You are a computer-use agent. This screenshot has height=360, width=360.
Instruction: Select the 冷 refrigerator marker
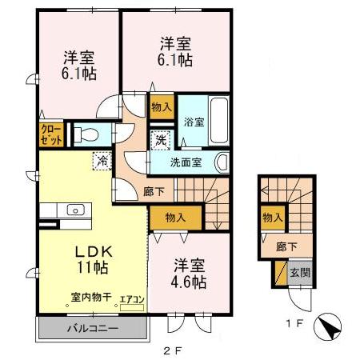(x=102, y=160)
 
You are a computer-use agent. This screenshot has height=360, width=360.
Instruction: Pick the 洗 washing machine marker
(x=162, y=138)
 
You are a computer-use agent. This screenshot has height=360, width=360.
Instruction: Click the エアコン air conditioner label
(x=131, y=299)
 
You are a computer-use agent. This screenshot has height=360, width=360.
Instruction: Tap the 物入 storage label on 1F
(x=273, y=217)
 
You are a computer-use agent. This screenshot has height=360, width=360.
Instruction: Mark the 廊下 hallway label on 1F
(x=276, y=248)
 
